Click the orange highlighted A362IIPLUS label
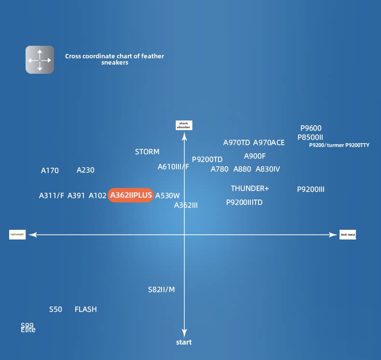point(131,195)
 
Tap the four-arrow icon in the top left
point(40,60)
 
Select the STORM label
point(147,152)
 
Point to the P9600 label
point(311,128)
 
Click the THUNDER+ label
point(250,188)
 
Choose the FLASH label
point(86,309)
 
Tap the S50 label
point(55,309)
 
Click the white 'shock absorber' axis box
point(184,126)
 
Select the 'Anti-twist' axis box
point(347,235)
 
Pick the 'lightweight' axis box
point(17,235)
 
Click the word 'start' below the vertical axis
point(184,342)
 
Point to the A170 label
point(50,171)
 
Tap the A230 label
point(85,170)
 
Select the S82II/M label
point(161,290)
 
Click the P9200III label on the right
point(311,189)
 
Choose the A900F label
point(255,156)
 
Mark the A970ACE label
point(269,143)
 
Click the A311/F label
point(52,196)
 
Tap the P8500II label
point(310,137)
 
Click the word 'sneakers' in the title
point(115,63)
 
